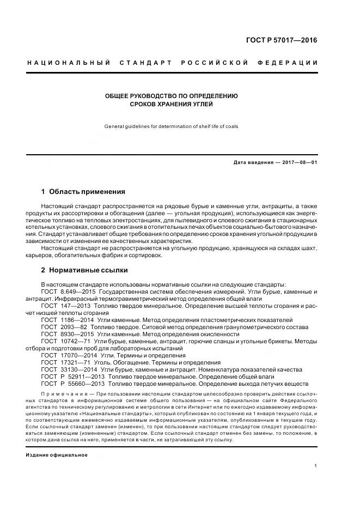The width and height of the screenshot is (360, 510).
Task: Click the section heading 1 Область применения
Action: click(x=83, y=192)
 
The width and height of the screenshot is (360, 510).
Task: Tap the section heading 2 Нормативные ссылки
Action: click(x=85, y=270)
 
